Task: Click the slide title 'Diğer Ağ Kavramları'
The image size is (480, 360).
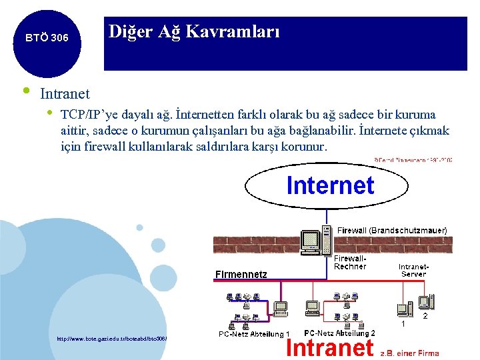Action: click(x=194, y=31)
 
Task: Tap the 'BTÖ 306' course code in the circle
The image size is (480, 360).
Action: click(x=47, y=38)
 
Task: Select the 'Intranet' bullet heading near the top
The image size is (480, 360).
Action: click(x=65, y=95)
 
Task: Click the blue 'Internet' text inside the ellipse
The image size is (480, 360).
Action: click(x=330, y=185)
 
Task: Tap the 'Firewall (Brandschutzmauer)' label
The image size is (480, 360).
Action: click(x=392, y=230)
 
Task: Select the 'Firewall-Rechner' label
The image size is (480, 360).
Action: click(x=350, y=262)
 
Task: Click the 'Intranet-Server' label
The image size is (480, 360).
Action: click(x=413, y=270)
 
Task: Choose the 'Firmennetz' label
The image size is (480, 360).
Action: click(x=241, y=273)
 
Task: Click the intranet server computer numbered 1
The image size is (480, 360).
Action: click(x=404, y=309)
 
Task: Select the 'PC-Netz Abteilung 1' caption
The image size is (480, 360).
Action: click(x=254, y=334)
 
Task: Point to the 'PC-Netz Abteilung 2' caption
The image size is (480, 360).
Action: click(x=339, y=333)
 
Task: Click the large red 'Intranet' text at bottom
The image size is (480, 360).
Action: click(x=329, y=347)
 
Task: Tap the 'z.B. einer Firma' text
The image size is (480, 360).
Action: click(x=409, y=353)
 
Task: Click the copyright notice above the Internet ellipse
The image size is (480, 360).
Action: click(x=413, y=160)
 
